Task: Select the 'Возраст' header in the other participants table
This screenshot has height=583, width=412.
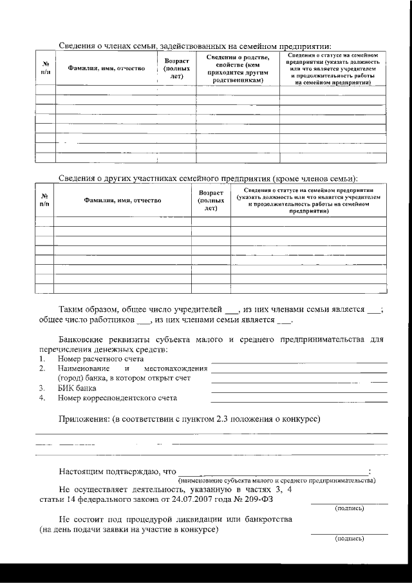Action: pos(211,193)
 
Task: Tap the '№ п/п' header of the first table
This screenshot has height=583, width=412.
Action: pos(46,68)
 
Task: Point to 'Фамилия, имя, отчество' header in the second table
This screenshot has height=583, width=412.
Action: pos(122,201)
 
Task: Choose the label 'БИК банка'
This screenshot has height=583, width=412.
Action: pos(77,388)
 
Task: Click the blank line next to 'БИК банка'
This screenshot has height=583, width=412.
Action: pos(299,392)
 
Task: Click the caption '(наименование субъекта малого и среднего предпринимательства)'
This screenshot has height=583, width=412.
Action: pos(277,481)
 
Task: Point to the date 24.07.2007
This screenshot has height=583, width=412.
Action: pos(194,499)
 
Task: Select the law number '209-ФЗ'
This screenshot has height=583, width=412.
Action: pos(254,499)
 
